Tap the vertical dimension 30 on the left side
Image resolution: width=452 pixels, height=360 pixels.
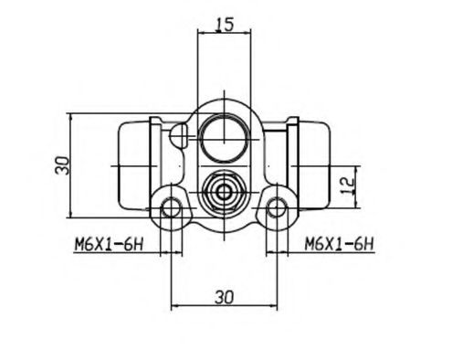[x=61, y=166]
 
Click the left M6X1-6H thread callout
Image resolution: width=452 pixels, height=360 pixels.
[x=107, y=243]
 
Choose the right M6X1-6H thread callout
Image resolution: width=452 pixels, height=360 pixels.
[x=339, y=243]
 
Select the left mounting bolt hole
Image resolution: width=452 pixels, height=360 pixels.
[x=171, y=209]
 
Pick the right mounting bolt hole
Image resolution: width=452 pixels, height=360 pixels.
[x=275, y=209]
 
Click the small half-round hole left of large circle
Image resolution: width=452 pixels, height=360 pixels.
[x=181, y=137]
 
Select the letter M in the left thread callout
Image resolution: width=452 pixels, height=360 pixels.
[x=78, y=243]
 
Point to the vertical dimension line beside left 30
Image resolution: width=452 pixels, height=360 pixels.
[x=72, y=166]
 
